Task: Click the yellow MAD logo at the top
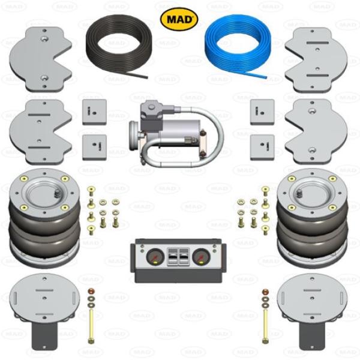(179, 19)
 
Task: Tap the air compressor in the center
(176, 134)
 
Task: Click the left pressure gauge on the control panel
(155, 257)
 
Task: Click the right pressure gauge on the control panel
(201, 257)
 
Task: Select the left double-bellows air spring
(44, 218)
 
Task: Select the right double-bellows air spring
(312, 218)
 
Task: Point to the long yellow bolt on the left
(91, 326)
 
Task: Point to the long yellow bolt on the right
(266, 326)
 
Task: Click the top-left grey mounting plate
(40, 59)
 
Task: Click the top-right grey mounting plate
(316, 60)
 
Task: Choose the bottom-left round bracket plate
(44, 311)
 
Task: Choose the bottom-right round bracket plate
(312, 311)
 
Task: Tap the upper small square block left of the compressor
(94, 112)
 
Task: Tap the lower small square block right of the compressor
(262, 148)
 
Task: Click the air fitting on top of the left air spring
(57, 194)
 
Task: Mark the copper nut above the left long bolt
(91, 292)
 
